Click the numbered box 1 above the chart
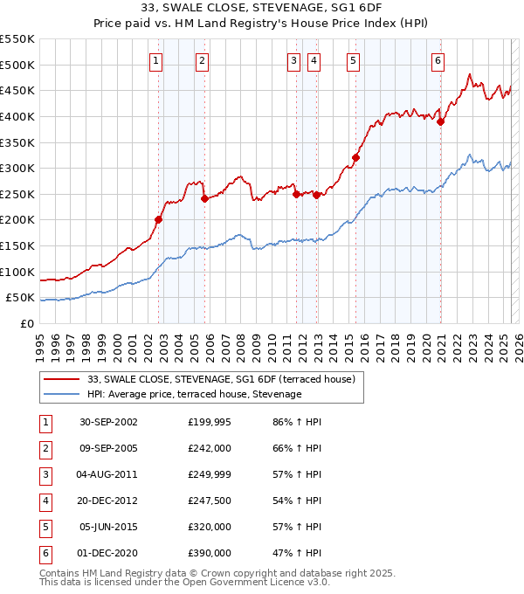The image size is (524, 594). click(x=155, y=60)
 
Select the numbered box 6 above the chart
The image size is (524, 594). click(x=437, y=60)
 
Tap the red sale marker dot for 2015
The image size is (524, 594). click(x=355, y=157)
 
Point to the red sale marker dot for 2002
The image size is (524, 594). click(x=159, y=219)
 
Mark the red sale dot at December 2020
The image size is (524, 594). click(x=441, y=121)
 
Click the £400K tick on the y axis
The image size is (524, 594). click(x=18, y=116)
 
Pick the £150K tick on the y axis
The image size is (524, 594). click(x=18, y=245)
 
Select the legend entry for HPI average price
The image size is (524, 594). click(x=194, y=395)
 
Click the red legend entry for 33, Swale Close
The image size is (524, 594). click(x=220, y=379)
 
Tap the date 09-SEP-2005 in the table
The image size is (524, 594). click(x=108, y=448)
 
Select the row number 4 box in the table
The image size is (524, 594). click(x=45, y=501)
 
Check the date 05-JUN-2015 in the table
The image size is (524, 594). click(x=108, y=527)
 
